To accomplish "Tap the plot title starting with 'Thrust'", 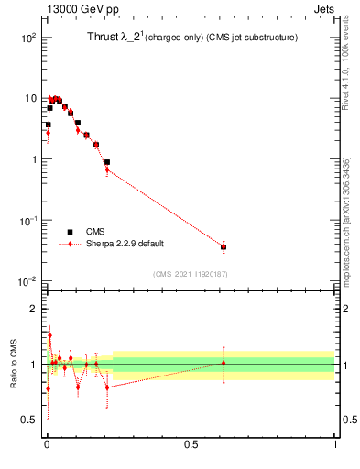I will pyautogui.click(x=183, y=38).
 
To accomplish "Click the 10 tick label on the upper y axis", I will pyautogui.click(x=30, y=98).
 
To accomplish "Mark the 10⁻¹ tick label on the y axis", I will pyautogui.click(x=27, y=221).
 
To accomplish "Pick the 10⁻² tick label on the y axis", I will pyautogui.click(x=27, y=281).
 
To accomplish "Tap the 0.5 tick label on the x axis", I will pyautogui.click(x=191, y=445).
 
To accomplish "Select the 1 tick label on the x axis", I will pyautogui.click(x=335, y=445).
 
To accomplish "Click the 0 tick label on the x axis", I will pyautogui.click(x=47, y=445).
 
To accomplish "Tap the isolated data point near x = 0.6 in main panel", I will pyautogui.click(x=224, y=246).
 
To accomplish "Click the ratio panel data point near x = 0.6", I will pyautogui.click(x=224, y=364).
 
